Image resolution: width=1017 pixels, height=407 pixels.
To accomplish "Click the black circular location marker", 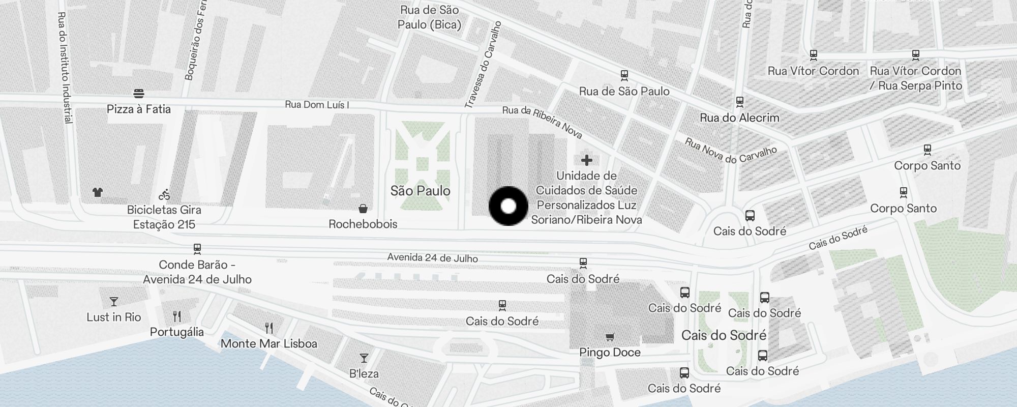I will coord(508,206).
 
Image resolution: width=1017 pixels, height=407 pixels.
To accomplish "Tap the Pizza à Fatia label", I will coord(139,109).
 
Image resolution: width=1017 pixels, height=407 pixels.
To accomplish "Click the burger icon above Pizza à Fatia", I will coord(139,94).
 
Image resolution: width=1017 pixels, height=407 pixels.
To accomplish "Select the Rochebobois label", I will coord(363,224).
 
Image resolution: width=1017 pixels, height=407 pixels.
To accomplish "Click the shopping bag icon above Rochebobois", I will coord(363,209).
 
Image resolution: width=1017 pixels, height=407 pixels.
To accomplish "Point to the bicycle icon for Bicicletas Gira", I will coord(164,194).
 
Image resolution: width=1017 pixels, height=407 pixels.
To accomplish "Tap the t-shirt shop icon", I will coord(98,192).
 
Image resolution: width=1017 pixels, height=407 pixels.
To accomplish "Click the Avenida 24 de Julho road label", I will coord(432,258).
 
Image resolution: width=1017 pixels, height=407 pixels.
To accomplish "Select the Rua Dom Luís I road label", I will coord(317,105).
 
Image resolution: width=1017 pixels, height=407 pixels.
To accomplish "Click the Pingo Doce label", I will coord(610,353).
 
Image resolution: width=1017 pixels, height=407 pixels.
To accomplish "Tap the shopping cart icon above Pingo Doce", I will coord(610,337).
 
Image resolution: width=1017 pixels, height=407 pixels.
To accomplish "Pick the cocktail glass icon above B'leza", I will coord(364,358).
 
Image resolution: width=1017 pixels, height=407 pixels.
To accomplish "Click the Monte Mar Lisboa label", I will coord(269,344).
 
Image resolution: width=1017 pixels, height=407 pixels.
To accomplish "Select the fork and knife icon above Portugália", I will coord(177,316).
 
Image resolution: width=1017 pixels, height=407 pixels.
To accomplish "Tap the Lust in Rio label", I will coord(114,317).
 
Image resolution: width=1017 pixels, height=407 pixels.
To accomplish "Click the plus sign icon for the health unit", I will coord(587,160).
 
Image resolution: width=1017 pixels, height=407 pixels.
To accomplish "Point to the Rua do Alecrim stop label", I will coord(739,118).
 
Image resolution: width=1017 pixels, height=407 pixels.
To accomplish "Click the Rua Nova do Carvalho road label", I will coord(731,151).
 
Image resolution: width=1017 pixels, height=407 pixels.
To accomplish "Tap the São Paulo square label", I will coord(421,191).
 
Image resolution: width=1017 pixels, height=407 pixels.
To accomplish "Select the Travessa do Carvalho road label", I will coord(483,65).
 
